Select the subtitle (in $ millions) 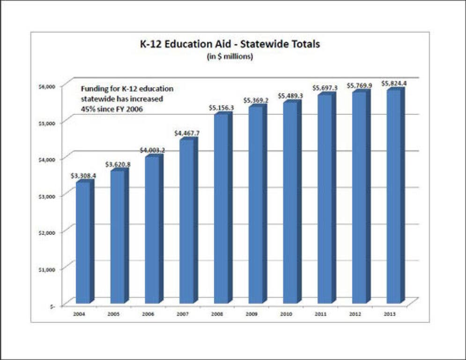point(230,57)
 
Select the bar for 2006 point(152,229)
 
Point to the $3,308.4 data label point(82,176)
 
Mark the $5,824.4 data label point(394,83)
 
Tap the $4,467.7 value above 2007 point(186,133)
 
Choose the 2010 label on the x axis point(290,314)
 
